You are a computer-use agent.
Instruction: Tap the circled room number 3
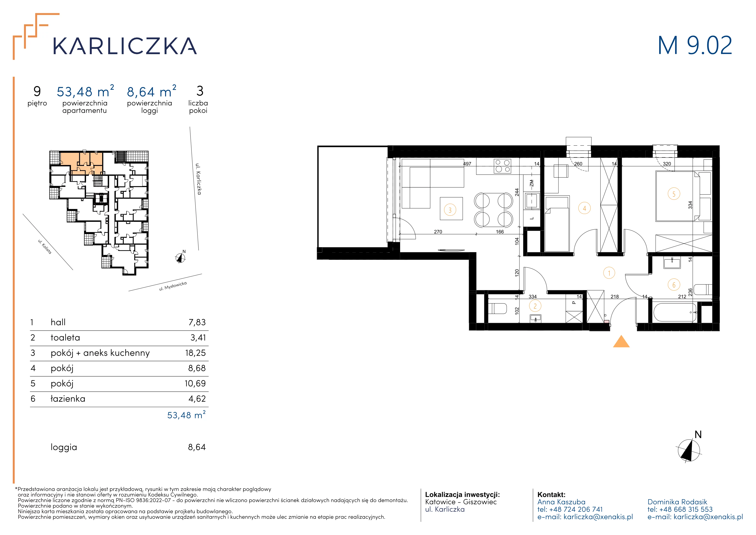(x=450, y=210)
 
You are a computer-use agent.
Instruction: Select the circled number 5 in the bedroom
(x=674, y=194)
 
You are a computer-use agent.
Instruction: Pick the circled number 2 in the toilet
(x=535, y=306)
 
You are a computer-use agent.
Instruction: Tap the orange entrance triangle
(x=621, y=342)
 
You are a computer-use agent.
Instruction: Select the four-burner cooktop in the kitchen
(x=503, y=166)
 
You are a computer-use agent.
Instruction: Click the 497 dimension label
(x=467, y=164)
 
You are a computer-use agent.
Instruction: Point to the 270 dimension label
(x=438, y=232)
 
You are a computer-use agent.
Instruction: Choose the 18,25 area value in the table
(x=195, y=353)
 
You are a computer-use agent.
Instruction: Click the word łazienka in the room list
(x=68, y=399)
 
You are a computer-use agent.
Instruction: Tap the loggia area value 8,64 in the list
(x=197, y=447)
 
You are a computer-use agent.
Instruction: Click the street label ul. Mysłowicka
(x=173, y=286)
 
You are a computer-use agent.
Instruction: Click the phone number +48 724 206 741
(x=576, y=509)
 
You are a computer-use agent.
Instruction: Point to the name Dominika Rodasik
(x=677, y=502)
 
